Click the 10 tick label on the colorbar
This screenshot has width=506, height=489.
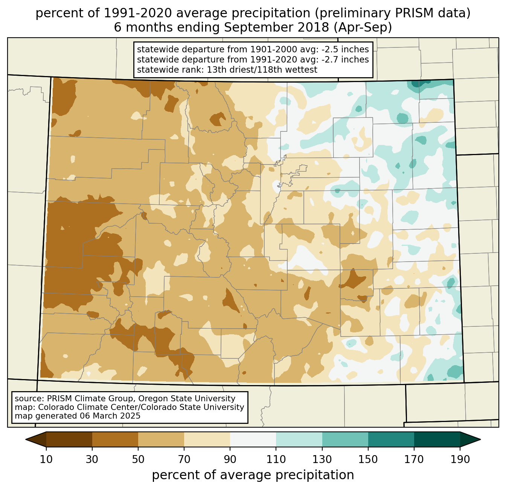46,460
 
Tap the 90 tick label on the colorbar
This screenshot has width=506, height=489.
230,460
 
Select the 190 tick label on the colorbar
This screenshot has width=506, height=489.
460,460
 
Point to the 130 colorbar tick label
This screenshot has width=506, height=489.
322,460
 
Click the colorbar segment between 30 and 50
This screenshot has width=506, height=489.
115,439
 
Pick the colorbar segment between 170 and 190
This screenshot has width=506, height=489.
437,439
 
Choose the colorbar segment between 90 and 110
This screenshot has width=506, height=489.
253,439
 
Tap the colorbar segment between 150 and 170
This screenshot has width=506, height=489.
391,439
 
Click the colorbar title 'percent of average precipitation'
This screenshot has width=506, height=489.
253,475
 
